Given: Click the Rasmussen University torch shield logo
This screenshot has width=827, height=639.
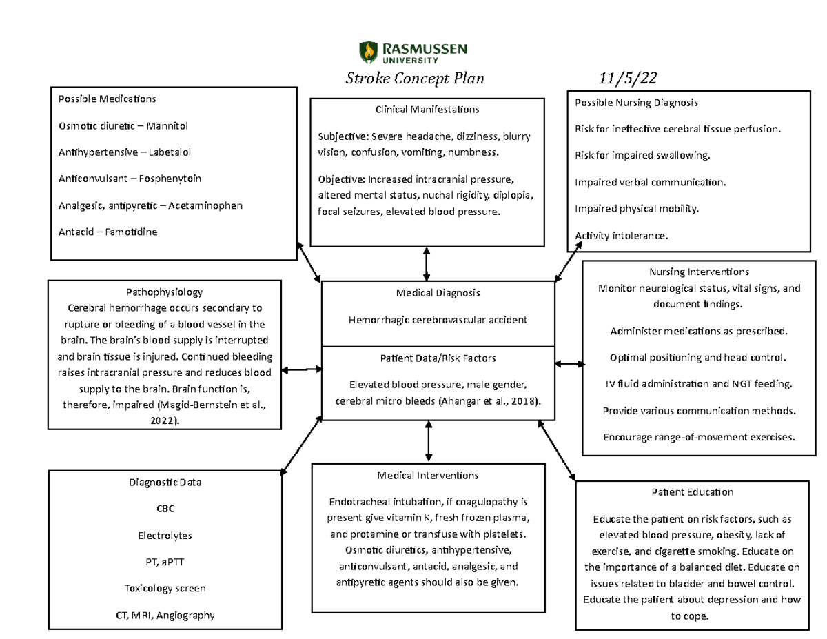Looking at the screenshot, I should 369,52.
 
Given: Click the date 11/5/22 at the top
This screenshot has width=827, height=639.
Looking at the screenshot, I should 625,78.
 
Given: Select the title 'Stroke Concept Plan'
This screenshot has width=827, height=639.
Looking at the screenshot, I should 415,78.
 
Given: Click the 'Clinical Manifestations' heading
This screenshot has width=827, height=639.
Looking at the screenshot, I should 427,110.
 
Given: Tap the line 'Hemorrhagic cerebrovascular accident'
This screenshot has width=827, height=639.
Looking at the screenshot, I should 438,319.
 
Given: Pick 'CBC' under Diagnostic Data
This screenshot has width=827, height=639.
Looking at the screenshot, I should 165,509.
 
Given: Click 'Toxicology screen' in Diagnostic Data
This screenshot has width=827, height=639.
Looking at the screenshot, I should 165,589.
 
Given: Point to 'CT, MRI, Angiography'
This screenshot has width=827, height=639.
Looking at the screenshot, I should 165,615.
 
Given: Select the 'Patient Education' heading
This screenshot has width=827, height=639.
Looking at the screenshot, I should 692,492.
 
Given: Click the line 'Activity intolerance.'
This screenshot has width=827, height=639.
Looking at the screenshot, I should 621,236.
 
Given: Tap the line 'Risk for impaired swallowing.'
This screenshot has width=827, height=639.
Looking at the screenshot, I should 642,156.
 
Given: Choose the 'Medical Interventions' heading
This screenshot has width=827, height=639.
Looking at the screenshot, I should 428,476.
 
